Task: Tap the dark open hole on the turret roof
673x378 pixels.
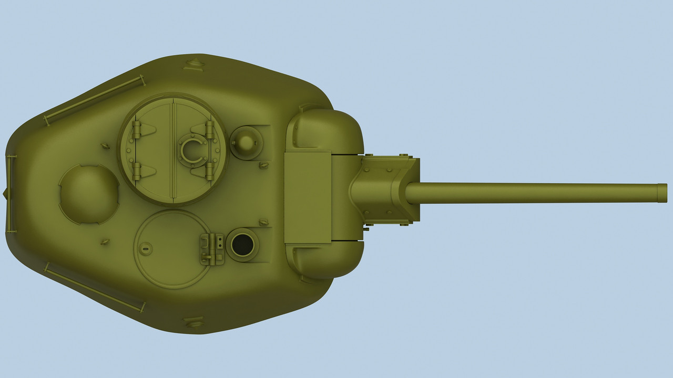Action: point(242,245)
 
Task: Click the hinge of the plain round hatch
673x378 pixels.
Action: point(211,249)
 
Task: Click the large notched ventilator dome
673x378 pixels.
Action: point(89,194)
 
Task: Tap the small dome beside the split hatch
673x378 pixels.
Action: point(246,142)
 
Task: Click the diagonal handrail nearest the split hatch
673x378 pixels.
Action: point(95,99)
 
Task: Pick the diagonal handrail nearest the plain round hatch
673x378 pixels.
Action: point(95,288)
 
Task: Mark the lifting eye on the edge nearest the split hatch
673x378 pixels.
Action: point(195,65)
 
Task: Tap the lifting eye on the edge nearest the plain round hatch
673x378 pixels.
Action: point(194,321)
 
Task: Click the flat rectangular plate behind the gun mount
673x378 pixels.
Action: point(308,197)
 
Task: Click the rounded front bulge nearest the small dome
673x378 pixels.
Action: point(326,129)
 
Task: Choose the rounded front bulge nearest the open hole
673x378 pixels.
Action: point(326,260)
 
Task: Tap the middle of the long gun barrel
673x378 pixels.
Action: point(531,193)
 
